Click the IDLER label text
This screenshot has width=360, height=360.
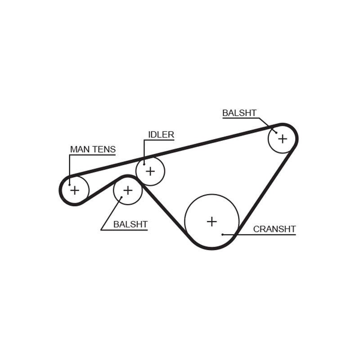tap(161, 135)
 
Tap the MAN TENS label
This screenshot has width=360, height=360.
tap(93, 149)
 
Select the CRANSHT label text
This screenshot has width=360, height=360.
tap(274, 229)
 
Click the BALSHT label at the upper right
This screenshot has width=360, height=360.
tap(239, 113)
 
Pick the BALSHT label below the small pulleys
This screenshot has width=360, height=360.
tap(130, 224)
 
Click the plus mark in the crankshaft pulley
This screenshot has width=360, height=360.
tap(211, 221)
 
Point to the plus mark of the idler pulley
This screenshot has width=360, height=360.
tap(150, 171)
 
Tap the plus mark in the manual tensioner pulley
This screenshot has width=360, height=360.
tap(75, 190)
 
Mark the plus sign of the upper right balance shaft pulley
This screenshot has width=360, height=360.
tap(283, 139)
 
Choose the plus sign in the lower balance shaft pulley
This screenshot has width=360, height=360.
tap(128, 190)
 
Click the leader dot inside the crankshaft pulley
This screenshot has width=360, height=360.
tap(222, 234)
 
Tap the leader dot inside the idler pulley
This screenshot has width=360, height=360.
tap(144, 164)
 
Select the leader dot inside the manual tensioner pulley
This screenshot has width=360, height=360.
tap(69, 184)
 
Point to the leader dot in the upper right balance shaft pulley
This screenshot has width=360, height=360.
tap(276, 132)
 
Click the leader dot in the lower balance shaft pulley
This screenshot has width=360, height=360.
tap(121, 197)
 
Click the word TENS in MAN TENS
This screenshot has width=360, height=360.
tap(104, 149)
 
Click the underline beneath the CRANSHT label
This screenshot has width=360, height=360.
tap(259, 234)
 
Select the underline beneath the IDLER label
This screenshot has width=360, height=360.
tap(159, 140)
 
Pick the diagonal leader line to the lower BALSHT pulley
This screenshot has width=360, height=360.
tap(111, 213)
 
